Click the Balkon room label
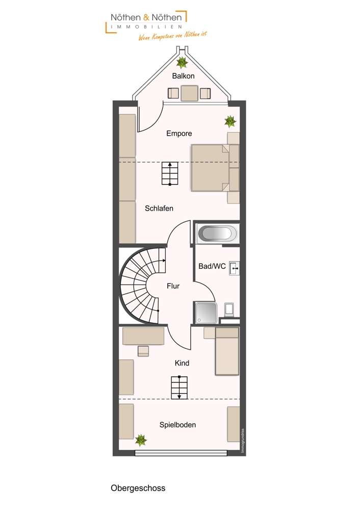point(184,76)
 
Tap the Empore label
point(179,134)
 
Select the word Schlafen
point(159,208)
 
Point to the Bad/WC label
point(212,266)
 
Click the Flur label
point(173,286)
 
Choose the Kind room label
point(182,363)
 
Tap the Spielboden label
point(177,425)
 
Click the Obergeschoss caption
point(138,488)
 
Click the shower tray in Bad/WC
point(205,313)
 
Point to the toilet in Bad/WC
point(229,309)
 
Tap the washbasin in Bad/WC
point(235,267)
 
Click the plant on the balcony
point(182,63)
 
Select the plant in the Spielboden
point(141,439)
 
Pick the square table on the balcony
point(189,93)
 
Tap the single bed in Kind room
point(226,351)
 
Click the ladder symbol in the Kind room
point(179,388)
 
